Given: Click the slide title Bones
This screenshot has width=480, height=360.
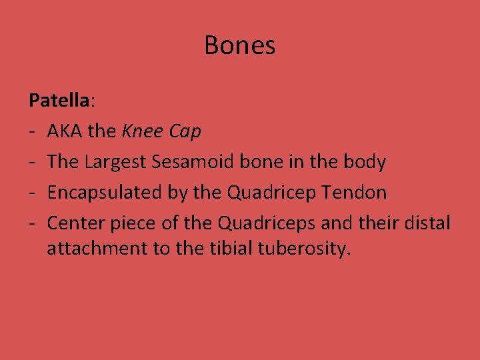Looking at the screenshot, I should (239, 45).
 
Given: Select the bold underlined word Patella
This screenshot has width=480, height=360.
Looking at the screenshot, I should (59, 101).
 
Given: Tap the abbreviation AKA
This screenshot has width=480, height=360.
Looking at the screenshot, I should (65, 131).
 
